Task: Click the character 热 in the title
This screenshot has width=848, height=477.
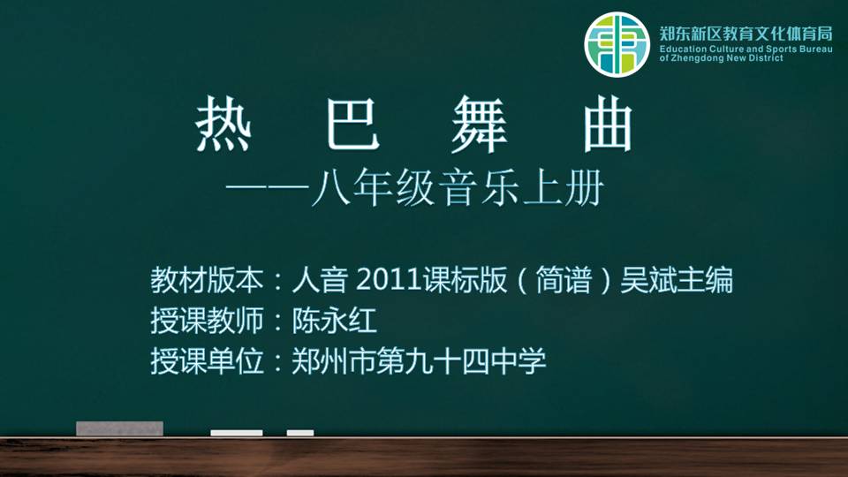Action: [223, 124]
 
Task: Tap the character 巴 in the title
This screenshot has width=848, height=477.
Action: [352, 124]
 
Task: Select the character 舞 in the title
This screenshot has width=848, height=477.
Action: [480, 124]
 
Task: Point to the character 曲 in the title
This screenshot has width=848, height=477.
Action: [608, 124]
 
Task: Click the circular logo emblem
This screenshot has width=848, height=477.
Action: [617, 45]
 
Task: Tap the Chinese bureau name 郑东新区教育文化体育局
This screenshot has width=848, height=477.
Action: [746, 34]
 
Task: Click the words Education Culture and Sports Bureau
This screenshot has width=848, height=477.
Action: [746, 49]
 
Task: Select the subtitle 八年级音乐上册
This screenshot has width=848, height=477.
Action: [457, 187]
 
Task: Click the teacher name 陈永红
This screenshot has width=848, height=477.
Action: [334, 320]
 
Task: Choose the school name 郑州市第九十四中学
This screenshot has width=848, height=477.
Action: [419, 360]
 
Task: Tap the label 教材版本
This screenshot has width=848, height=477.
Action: [207, 280]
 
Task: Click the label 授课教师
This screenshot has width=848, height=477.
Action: [207, 320]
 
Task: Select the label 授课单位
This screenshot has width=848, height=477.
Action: [207, 360]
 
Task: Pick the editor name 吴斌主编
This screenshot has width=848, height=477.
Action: [677, 280]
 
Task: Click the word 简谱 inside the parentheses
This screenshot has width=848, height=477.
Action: [564, 280]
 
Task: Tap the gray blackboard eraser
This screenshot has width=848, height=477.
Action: [119, 428]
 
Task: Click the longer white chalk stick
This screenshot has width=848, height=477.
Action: [237, 433]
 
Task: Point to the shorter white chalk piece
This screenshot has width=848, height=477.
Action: [300, 433]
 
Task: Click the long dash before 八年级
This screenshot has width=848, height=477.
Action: [267, 187]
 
